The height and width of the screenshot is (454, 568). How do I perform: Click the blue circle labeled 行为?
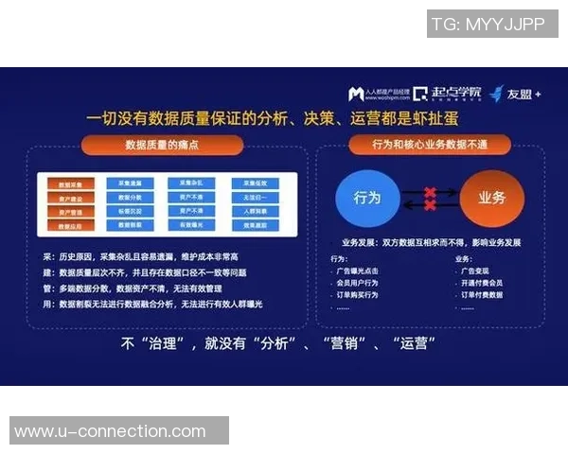point(368,199)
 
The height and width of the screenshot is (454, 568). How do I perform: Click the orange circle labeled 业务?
point(492,199)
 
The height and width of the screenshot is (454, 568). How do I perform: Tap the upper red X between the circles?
point(430,192)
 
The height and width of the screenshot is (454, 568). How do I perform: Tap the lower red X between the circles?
point(430,205)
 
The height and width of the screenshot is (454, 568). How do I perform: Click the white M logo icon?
point(356,94)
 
